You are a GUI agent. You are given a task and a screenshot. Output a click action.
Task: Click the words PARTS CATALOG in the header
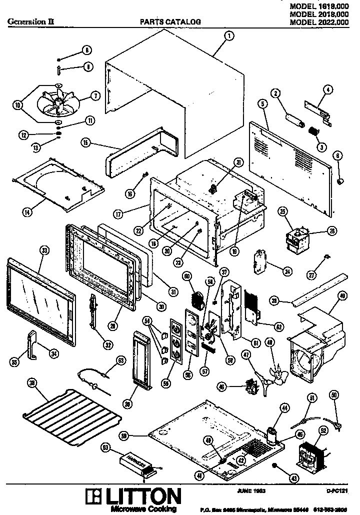click(x=170, y=22)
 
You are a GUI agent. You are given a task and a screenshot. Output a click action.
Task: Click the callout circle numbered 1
click(x=228, y=35)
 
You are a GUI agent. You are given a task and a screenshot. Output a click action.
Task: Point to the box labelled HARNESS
click(x=136, y=463)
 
